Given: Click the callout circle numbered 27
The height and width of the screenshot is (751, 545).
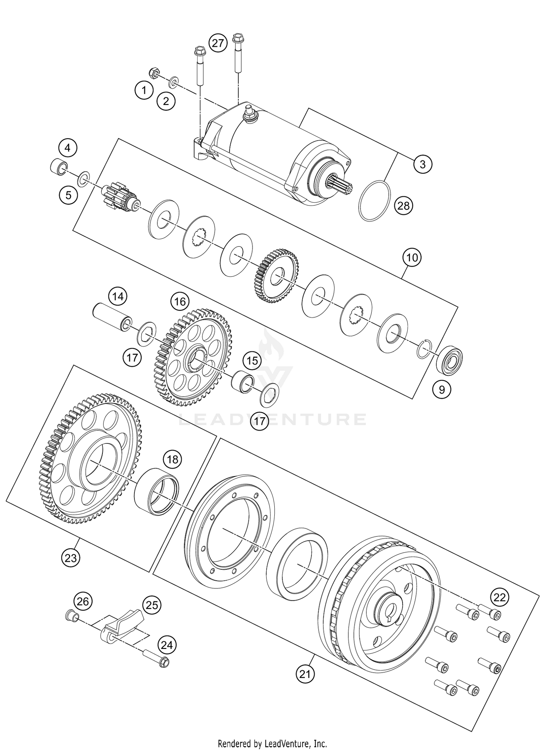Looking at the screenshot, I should point(218,44).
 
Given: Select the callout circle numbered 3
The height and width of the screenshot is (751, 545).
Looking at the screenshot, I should point(423,164).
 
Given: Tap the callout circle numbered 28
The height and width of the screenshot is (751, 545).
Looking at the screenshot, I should point(403,206).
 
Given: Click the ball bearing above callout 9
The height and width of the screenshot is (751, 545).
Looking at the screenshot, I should point(449,360).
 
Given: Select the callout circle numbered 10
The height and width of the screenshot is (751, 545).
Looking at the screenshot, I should point(412,258).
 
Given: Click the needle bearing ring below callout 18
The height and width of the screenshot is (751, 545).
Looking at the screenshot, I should point(157,491).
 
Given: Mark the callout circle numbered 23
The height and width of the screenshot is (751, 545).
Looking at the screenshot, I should point(70,558).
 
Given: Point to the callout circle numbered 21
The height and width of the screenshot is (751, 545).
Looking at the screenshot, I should point(305,674).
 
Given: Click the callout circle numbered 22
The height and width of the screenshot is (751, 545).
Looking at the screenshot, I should point(500,597).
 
